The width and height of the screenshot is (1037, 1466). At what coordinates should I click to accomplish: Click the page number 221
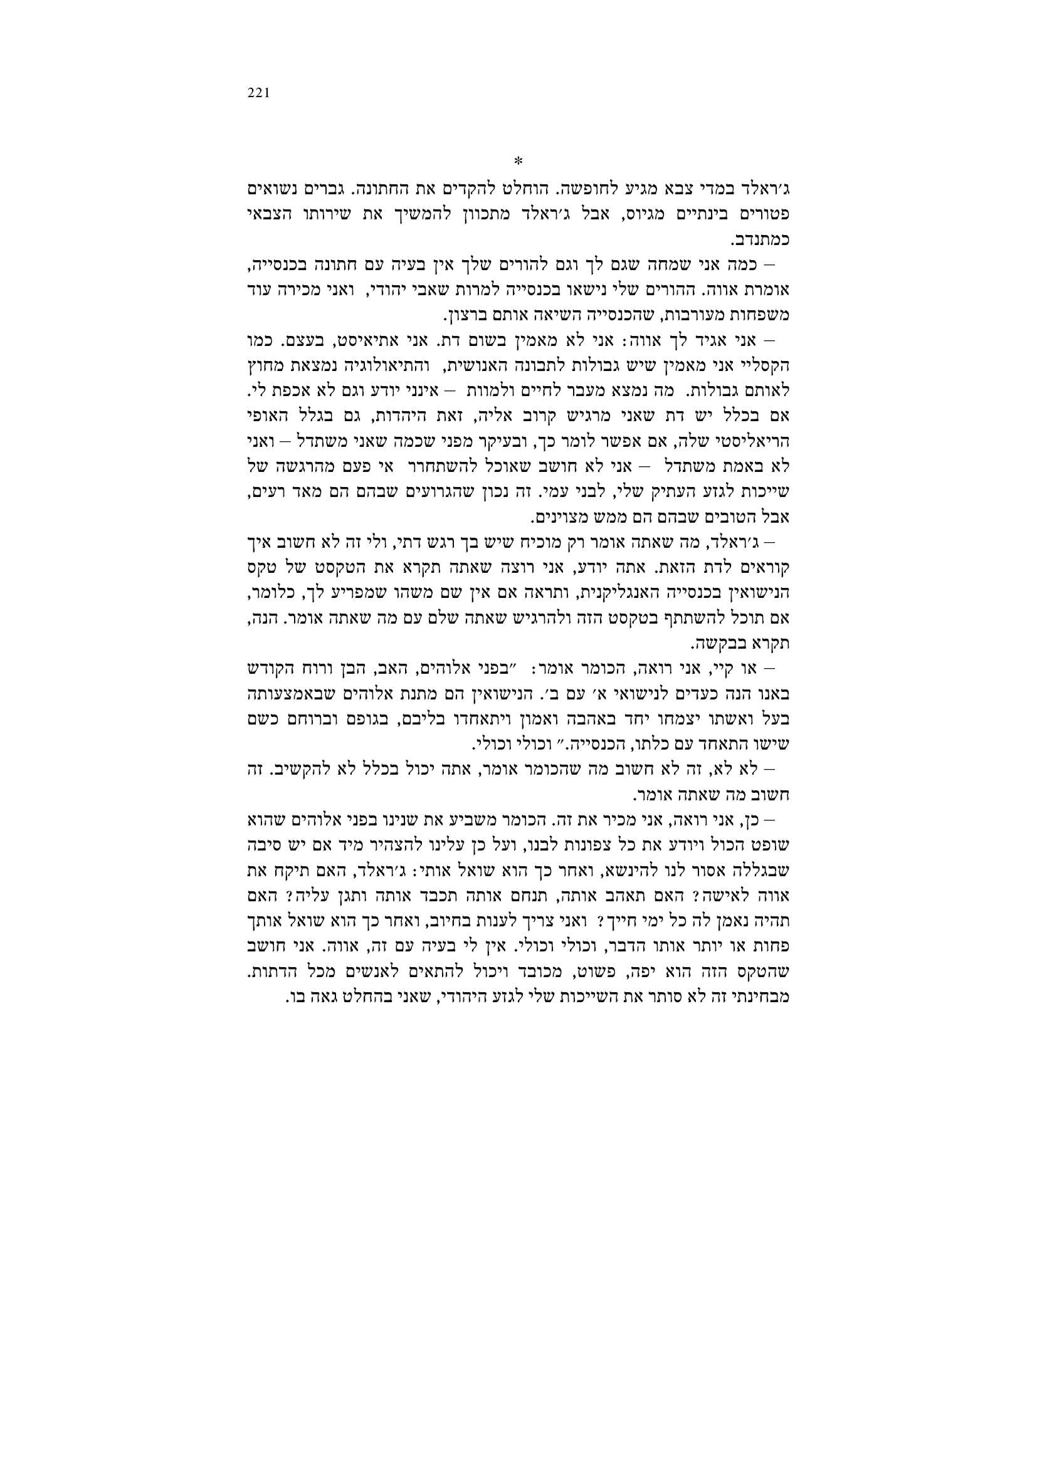click(258, 93)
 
